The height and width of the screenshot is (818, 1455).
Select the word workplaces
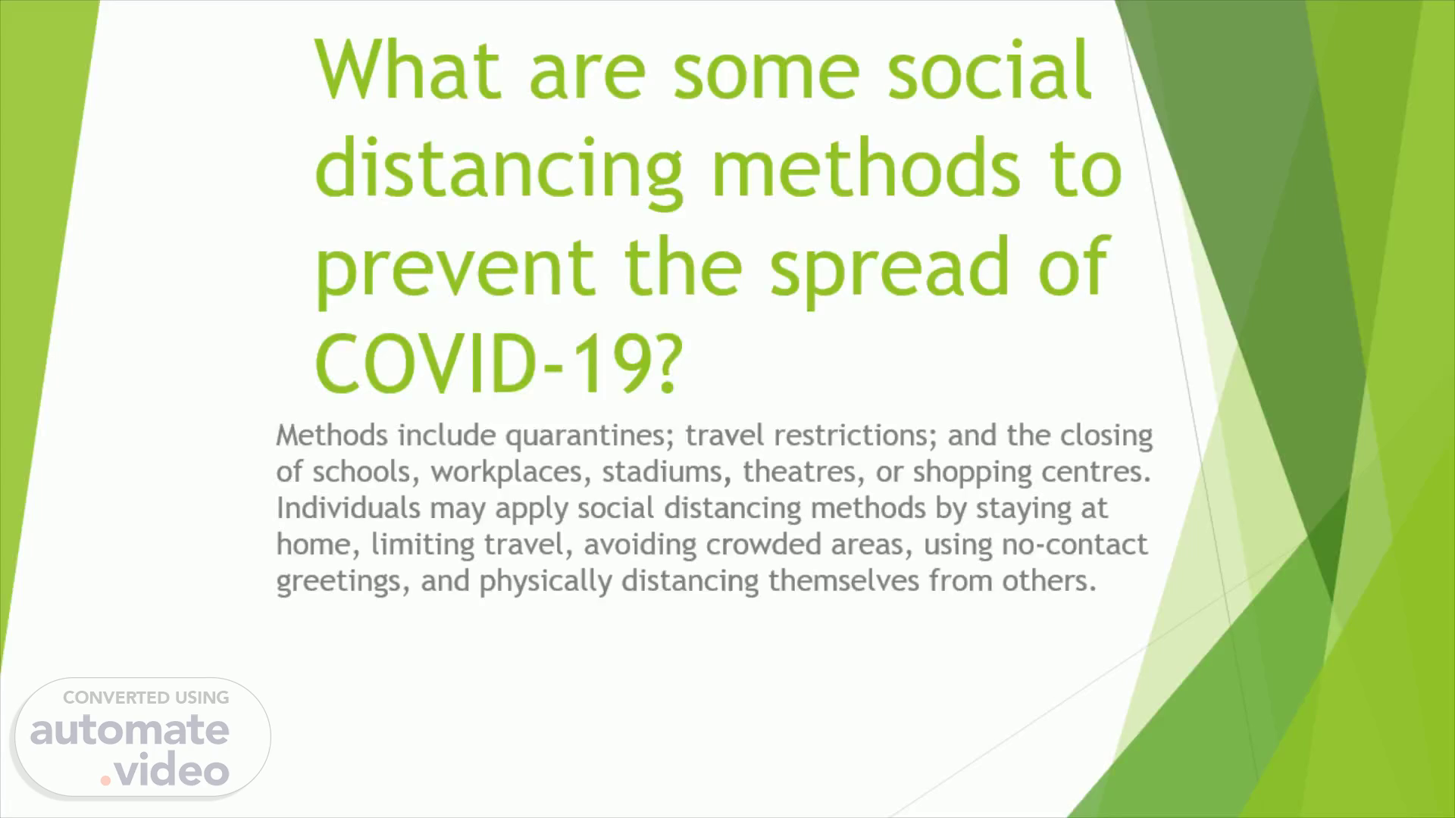click(x=511, y=473)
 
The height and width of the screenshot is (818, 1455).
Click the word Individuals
click(x=348, y=507)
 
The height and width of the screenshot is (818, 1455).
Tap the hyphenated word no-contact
click(x=1075, y=545)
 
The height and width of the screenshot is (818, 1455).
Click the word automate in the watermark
click(x=130, y=730)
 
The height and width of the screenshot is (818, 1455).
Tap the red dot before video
click(x=106, y=779)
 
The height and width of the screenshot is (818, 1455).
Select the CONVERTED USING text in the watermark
click(x=145, y=698)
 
